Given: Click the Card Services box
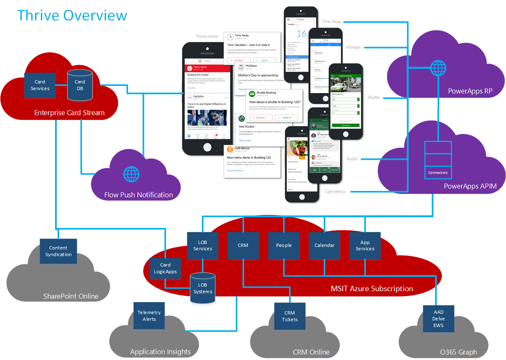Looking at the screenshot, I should [x=40, y=85].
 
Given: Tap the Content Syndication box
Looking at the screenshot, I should [x=58, y=251].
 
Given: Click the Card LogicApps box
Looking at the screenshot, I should [x=165, y=268].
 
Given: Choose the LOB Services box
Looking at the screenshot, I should [x=203, y=245].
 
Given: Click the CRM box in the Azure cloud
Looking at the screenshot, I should [x=243, y=245].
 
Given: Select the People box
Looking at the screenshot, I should [x=284, y=245].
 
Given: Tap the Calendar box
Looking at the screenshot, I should [x=324, y=245].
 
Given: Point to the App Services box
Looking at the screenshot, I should [x=365, y=245].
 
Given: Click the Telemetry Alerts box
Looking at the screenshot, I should [x=149, y=316].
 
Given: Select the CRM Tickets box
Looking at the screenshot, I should [x=290, y=316].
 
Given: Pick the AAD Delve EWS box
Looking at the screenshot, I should [x=438, y=319].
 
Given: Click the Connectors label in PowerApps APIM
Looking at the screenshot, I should [x=438, y=173].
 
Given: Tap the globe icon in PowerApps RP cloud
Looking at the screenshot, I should [x=438, y=68].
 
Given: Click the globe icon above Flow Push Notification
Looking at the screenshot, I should [x=131, y=174].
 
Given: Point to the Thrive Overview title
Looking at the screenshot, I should [x=72, y=15].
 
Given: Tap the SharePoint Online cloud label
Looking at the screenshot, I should [x=71, y=296].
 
